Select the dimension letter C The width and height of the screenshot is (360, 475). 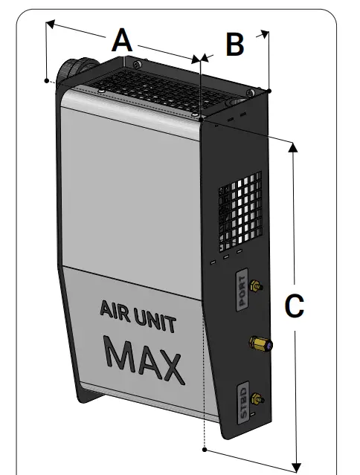coord(294,306)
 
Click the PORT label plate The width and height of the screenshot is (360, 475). coord(240,289)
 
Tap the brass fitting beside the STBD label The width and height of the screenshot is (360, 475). coord(257,400)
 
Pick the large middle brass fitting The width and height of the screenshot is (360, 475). coord(261,343)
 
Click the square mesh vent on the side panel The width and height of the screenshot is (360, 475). coord(240,212)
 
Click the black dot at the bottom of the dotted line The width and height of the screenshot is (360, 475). coord(204,450)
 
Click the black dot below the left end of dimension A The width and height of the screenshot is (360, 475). coord(47,80)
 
